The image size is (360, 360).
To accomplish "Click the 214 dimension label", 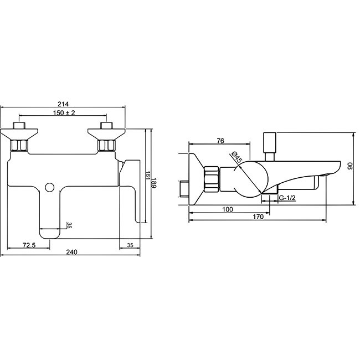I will tap(63, 102).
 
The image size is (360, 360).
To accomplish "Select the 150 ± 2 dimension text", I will tap(63, 113).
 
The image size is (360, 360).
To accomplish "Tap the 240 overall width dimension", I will tap(71, 251).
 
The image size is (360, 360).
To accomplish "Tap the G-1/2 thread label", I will tap(287, 197).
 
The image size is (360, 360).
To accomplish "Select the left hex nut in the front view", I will tap(20, 145).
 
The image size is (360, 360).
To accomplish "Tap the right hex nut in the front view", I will tap(105, 145).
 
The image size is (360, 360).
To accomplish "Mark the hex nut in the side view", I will tap(211, 179).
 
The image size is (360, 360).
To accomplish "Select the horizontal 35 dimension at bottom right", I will tap(130, 244).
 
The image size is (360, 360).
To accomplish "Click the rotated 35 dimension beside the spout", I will tap(69, 225).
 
